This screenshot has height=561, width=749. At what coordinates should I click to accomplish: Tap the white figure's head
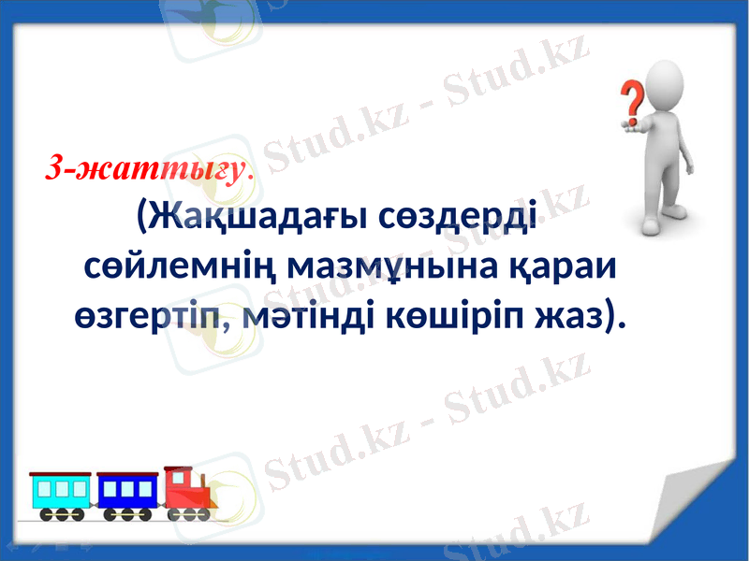coord(672,79)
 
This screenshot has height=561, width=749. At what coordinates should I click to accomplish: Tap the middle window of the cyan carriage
coord(62,488)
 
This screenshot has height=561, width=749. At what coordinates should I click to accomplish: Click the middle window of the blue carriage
coord(127,488)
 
